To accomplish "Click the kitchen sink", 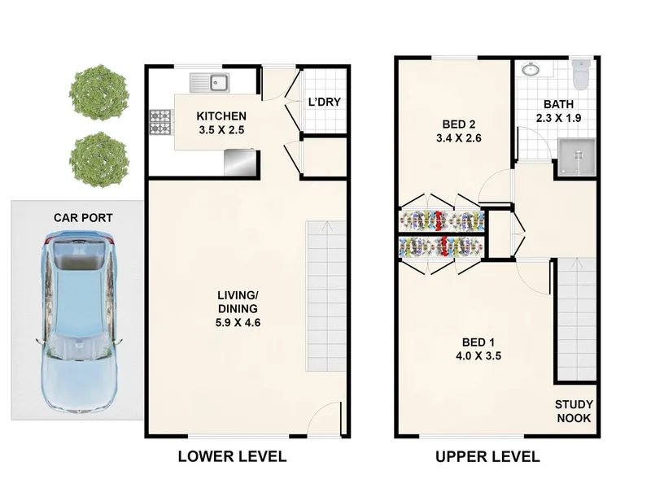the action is [x=210, y=83].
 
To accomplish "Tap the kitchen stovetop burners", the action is [x=160, y=122].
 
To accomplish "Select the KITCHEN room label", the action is [x=221, y=115].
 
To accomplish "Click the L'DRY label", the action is [x=324, y=102].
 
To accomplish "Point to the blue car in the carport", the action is [x=79, y=321].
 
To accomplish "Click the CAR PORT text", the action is [x=83, y=217].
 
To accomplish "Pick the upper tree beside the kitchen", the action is [x=98, y=92].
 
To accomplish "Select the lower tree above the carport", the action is [x=98, y=159].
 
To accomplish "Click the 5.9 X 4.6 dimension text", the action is [x=238, y=322].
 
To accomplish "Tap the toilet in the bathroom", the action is [x=581, y=74].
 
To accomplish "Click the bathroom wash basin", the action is [x=530, y=69].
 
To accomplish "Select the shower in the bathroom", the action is [x=577, y=157].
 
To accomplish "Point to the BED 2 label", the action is [x=459, y=124].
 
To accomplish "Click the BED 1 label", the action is [x=478, y=342].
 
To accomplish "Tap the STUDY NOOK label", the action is [x=574, y=412].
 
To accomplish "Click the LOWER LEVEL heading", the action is [x=233, y=456].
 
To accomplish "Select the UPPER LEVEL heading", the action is [x=487, y=457].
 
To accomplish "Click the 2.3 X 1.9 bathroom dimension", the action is [x=558, y=118].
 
